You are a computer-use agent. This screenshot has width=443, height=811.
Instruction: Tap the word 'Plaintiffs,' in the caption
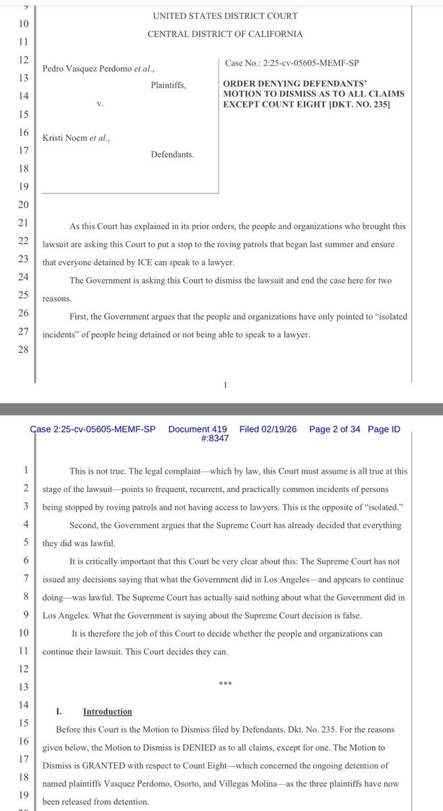tap(168, 86)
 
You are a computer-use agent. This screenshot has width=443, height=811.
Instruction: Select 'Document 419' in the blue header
tap(197, 429)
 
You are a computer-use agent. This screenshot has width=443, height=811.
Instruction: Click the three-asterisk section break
tap(225, 683)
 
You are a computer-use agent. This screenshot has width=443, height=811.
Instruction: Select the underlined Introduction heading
tap(107, 712)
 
